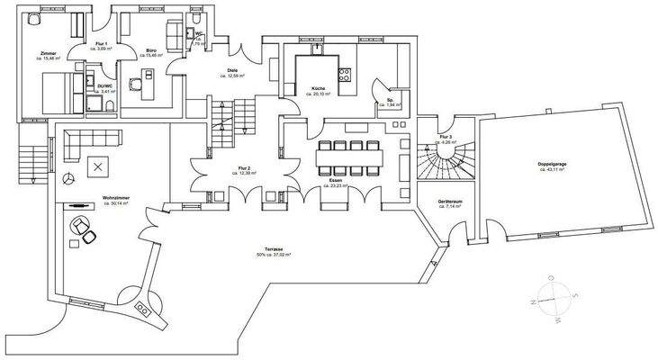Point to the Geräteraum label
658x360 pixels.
[x=449, y=201]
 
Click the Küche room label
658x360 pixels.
[x=319, y=88]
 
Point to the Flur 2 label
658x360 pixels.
[x=244, y=169]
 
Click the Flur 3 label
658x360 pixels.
[x=446, y=137]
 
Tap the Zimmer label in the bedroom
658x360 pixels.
[x=50, y=55]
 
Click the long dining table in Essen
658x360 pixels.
[x=348, y=157]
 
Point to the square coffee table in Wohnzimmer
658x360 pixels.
[x=96, y=166]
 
